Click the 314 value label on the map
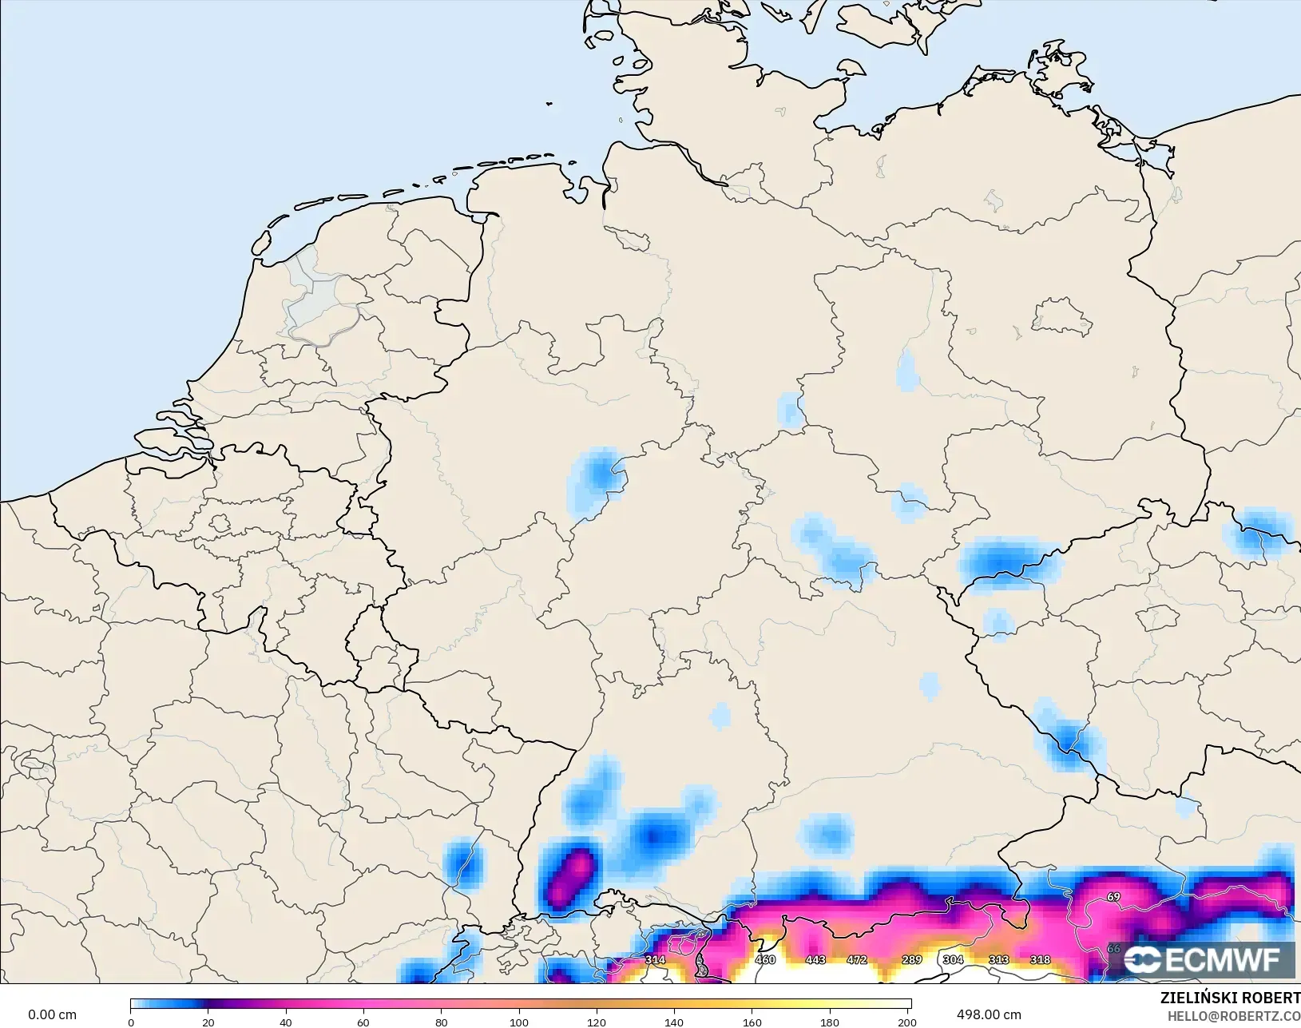[655, 959]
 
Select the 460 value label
[765, 959]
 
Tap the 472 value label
[857, 959]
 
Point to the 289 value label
[912, 959]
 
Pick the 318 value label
[1040, 959]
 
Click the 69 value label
[1113, 897]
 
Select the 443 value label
[815, 959]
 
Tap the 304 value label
[953, 959]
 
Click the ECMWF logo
[1201, 959]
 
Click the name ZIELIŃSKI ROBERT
[1230, 998]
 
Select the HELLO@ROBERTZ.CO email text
[1234, 1016]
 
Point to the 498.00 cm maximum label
[989, 1014]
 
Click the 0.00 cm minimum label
[52, 1014]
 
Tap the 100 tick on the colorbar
[519, 1022]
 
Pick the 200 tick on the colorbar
[907, 1022]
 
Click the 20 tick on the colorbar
[208, 1022]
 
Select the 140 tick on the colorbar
[674, 1022]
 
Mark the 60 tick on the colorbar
[363, 1022]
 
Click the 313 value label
[998, 959]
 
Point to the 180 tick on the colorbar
[830, 1022]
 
